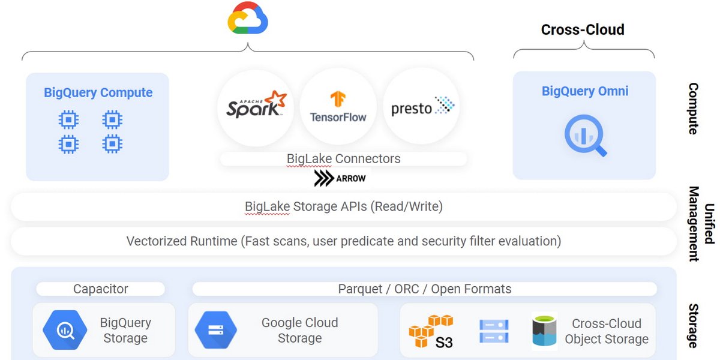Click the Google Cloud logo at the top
248,19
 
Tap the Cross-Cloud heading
583,29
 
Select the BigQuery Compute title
98,92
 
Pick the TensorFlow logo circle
338,106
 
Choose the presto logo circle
422,106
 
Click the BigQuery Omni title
585,91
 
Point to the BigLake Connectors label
343,159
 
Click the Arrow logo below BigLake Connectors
340,178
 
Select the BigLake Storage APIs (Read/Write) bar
343,207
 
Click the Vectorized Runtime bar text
343,241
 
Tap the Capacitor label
100,289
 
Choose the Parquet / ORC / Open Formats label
424,289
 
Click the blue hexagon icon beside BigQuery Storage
65,329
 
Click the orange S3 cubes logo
431,331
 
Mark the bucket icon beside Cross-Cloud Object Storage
544,331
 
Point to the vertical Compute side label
693,109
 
